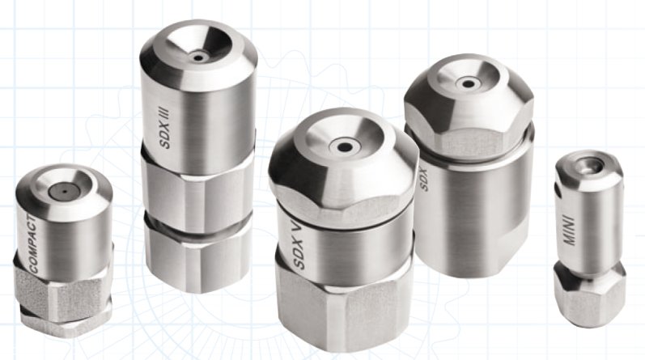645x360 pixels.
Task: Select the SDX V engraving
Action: pos(299,244)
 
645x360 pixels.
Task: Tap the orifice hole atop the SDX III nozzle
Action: pos(199,57)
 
